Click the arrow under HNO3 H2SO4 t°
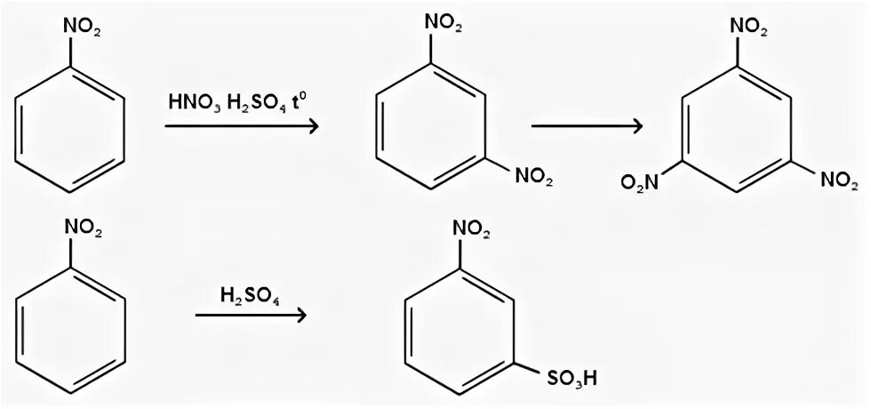pos(241,127)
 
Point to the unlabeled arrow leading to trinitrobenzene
pos(587,125)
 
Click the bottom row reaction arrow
pos(251,316)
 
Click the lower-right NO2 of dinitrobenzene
pos(533,181)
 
